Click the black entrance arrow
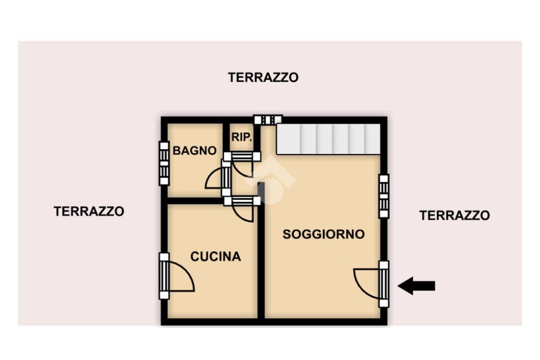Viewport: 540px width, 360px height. pos(417,286)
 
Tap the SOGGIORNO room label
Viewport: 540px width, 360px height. pos(324,235)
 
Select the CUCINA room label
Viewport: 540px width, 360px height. pos(216,256)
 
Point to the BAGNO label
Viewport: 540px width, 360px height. pos(195,151)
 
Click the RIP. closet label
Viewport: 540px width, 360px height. pos(242,137)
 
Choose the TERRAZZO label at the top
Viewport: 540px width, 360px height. pos(263,77)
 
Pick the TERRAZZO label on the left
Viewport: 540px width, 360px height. pos(89,211)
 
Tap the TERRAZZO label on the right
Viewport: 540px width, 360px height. pos(455,216)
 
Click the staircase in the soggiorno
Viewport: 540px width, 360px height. pos(329,139)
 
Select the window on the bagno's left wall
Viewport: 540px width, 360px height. pos(165,163)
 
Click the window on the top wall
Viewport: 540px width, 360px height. pos(268,120)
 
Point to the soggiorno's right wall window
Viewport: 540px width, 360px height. pos(384,196)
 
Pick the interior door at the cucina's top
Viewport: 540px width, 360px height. pos(242,209)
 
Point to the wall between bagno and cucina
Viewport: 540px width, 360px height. pos(195,201)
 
